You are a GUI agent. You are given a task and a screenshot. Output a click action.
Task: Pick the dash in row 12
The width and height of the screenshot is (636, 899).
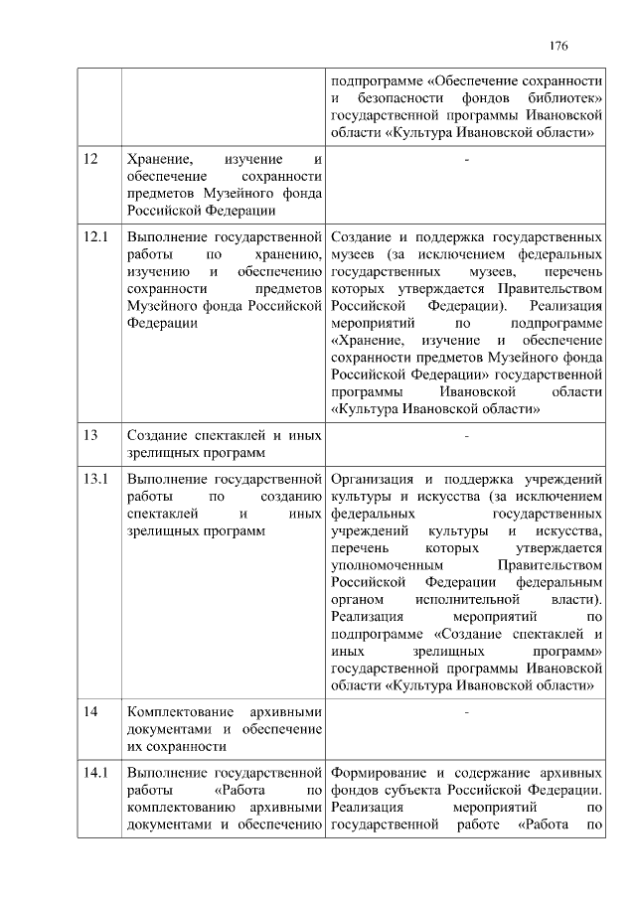[466, 160]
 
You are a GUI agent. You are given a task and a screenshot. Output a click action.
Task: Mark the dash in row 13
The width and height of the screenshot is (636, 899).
[466, 436]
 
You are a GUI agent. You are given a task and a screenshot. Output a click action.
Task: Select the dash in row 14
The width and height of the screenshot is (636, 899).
[466, 713]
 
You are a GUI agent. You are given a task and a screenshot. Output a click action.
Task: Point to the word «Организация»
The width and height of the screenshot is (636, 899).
[374, 479]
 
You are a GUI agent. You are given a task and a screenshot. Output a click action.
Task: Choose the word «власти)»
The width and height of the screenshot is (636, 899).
[576, 600]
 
